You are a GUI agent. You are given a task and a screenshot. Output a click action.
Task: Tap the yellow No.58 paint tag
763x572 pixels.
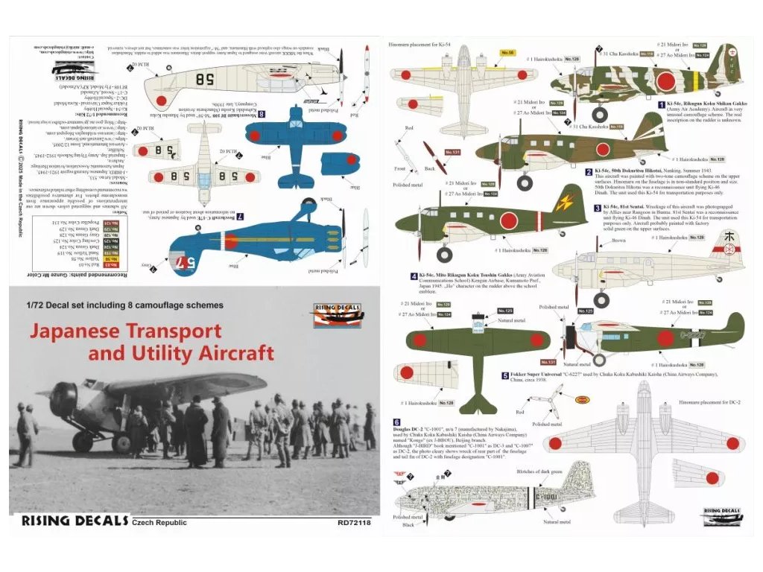[x=507, y=53]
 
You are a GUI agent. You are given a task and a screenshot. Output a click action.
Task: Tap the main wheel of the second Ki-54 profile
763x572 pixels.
[x=525, y=181]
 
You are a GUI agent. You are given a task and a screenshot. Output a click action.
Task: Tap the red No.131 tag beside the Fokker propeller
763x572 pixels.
[x=548, y=362]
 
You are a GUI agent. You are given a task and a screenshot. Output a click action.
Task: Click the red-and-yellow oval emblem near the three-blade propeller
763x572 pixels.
[x=583, y=400]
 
